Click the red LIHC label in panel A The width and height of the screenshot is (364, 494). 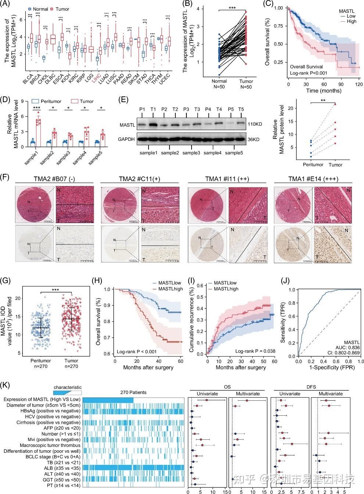click(96, 79)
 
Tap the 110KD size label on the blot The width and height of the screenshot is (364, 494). click(255, 124)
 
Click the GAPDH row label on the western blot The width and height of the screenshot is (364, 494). click(126, 139)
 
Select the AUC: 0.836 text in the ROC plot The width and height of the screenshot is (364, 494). click(348, 347)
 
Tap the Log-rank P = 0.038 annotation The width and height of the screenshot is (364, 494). click(255, 351)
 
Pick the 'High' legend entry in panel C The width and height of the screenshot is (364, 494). click(351, 21)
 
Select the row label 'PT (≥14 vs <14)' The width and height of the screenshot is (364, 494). click(63, 485)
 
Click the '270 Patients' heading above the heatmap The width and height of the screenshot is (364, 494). click(133, 393)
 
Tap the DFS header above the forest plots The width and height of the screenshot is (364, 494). click(311, 387)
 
